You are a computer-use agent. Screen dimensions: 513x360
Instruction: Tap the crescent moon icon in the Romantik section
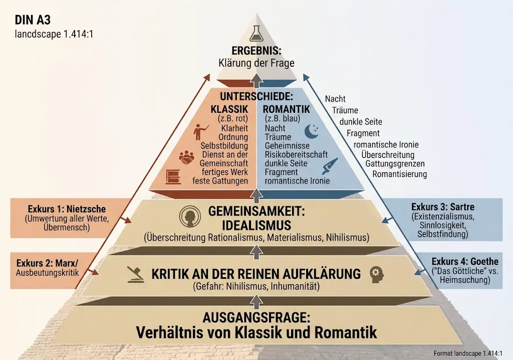pos(311,131)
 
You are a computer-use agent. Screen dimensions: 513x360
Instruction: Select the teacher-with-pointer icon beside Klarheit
pos(200,132)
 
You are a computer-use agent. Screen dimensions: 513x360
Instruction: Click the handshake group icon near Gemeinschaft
pos(186,157)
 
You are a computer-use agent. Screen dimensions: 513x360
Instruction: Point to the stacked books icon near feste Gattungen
pos(173,177)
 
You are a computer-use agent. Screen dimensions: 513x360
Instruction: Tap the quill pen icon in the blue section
pos(330,166)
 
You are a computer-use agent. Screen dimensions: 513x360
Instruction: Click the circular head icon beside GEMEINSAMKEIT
pos(190,217)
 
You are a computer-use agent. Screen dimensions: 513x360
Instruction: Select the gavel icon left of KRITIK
pos(135,274)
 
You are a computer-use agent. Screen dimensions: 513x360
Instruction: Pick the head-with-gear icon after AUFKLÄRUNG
pos(377,274)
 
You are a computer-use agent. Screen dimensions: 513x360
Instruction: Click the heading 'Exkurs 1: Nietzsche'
pos(67,209)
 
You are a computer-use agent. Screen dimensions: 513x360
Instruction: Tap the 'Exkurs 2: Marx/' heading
pos(48,263)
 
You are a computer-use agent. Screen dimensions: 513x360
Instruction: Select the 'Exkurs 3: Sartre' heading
pos(443,207)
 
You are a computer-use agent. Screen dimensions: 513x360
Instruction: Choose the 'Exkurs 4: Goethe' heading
pos(465,261)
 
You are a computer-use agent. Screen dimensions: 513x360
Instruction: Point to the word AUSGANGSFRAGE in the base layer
pos(256,317)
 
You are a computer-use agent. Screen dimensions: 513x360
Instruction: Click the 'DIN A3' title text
pos(33,20)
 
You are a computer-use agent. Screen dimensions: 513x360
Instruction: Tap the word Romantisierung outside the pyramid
pos(399,174)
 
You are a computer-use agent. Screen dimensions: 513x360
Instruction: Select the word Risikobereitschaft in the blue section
pos(296,154)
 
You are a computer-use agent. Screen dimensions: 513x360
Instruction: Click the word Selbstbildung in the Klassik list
pos(224,146)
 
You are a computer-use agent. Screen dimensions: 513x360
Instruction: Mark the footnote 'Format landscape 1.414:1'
pos(468,353)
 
